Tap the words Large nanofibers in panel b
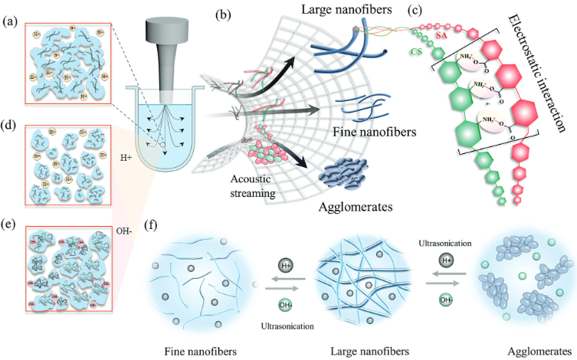[359, 11]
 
